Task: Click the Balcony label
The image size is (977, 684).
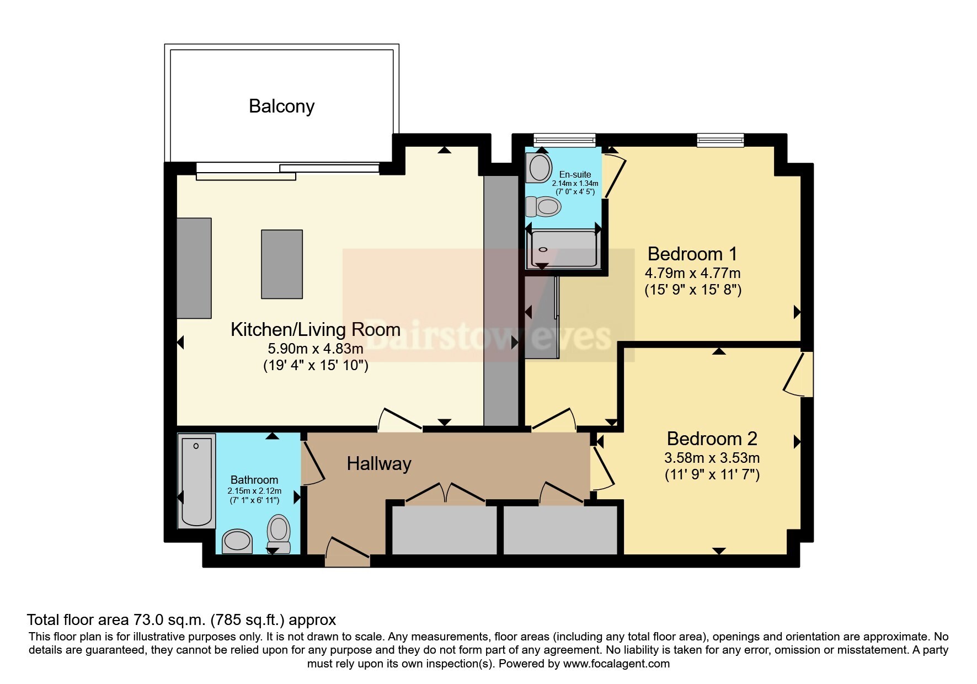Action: click(281, 106)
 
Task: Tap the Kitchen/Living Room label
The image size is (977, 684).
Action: click(315, 329)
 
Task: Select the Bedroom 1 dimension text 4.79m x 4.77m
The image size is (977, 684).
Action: click(692, 273)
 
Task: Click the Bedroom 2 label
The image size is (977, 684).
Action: click(712, 439)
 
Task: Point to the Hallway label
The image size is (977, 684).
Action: click(379, 464)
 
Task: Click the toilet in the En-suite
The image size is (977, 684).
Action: click(543, 207)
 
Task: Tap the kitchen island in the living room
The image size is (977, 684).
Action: click(282, 264)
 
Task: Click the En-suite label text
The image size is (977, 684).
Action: click(575, 174)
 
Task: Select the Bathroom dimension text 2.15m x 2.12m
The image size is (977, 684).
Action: click(254, 491)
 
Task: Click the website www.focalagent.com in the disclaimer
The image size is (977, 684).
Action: click(617, 664)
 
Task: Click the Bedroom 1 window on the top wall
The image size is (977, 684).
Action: click(720, 140)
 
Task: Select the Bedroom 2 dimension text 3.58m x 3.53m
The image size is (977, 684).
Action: click(712, 458)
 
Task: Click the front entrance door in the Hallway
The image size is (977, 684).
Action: click(348, 552)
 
